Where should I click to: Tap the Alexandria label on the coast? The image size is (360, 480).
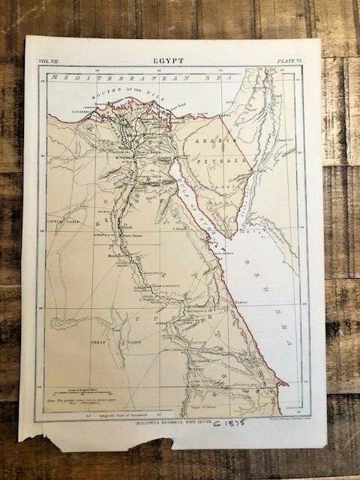[64, 121]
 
